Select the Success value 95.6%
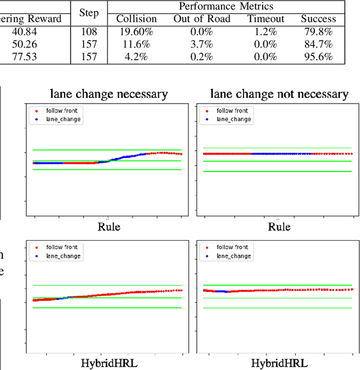pyautogui.click(x=318, y=57)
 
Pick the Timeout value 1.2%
pyautogui.click(x=265, y=32)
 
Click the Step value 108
pyautogui.click(x=89, y=32)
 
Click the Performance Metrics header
pyautogui.click(x=226, y=7)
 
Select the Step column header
pyautogui.click(x=89, y=13)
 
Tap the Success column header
pyautogui.click(x=318, y=19)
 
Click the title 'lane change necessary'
pyautogui.click(x=109, y=93)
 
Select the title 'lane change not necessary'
pyautogui.click(x=279, y=93)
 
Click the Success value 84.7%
pyautogui.click(x=318, y=44)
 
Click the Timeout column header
pyautogui.click(x=265, y=19)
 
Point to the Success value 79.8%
pyautogui.click(x=318, y=32)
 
